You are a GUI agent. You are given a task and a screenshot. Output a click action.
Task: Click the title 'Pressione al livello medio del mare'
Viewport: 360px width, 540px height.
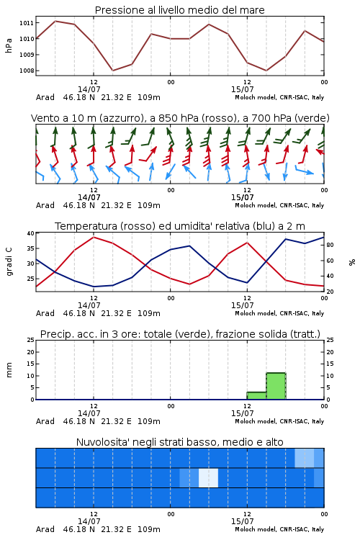[179, 10]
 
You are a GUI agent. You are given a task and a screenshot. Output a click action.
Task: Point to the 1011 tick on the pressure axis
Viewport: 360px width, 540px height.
[27, 23]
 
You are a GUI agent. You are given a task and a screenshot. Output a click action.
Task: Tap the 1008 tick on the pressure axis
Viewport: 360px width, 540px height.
[27, 71]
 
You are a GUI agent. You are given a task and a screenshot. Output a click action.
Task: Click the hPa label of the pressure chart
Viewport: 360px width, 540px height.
[9, 45]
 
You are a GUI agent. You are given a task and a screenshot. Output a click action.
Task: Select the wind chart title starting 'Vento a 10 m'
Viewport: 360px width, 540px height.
[180, 118]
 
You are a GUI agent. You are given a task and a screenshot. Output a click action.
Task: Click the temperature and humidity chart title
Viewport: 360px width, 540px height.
[180, 226]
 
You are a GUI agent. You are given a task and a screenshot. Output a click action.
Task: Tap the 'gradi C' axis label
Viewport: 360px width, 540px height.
[9, 261]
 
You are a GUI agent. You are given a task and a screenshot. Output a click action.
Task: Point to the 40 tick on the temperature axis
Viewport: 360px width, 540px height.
[31, 233]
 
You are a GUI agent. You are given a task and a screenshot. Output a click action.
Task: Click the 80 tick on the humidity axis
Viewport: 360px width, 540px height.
[330, 245]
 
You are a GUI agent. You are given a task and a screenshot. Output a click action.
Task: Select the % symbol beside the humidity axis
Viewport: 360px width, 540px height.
[352, 262]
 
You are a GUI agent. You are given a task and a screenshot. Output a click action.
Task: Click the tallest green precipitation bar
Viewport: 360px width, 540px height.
[276, 386]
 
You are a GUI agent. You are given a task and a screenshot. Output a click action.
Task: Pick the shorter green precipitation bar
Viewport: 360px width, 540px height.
[256, 396]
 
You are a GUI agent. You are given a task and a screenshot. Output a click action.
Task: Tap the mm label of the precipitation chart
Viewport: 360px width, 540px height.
[9, 370]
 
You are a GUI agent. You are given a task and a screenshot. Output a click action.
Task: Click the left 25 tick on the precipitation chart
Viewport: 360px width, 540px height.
[31, 340]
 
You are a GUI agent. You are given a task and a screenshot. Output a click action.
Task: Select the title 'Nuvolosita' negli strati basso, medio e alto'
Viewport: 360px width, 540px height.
[179, 442]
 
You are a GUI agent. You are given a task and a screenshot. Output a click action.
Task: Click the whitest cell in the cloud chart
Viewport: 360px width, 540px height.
[208, 477]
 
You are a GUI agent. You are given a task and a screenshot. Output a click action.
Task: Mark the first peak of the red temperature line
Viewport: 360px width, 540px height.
[94, 237]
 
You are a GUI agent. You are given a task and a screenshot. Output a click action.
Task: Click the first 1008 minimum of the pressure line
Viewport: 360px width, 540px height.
[112, 71]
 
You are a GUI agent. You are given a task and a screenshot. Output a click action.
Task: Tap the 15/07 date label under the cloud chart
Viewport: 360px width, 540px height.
[242, 521]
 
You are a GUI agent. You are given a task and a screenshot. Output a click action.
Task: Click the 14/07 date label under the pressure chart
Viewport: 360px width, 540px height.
[89, 89]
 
